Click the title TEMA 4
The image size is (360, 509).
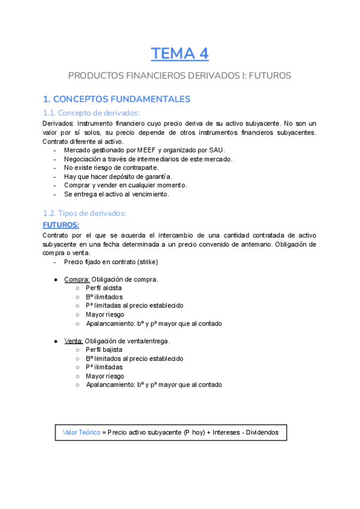pos(179,53)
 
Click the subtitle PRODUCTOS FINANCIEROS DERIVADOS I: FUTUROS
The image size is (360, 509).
pos(179,76)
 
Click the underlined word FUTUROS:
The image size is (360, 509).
pos(61,225)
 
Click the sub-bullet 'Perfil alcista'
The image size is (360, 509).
pos(103,288)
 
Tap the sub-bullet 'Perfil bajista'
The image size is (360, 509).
pos(104,349)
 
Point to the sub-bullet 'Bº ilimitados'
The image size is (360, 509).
pos(104,297)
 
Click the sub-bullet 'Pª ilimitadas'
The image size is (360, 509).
pos(104,367)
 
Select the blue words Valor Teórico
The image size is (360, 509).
pos(81,432)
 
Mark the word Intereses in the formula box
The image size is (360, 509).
pos(213,432)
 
